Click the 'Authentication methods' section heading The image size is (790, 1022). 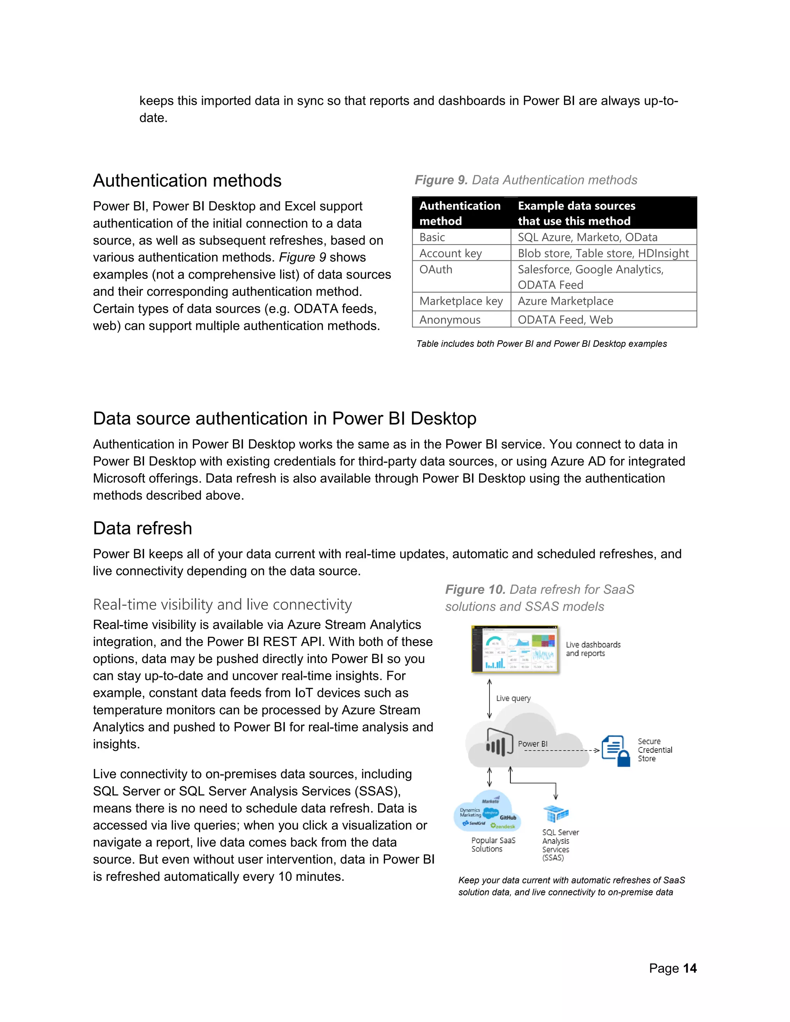coord(187,180)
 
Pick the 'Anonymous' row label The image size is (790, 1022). coord(449,320)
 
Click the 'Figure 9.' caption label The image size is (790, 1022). coord(441,180)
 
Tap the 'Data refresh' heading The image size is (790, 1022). coord(142,528)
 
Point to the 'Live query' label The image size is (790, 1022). coord(513,698)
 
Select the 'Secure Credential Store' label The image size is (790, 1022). coord(654,750)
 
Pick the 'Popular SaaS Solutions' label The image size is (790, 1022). coord(493,844)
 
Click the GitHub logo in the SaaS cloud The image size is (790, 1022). coord(507,818)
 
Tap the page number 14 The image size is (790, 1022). coord(689,968)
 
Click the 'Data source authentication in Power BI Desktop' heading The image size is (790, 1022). coord(285,418)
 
